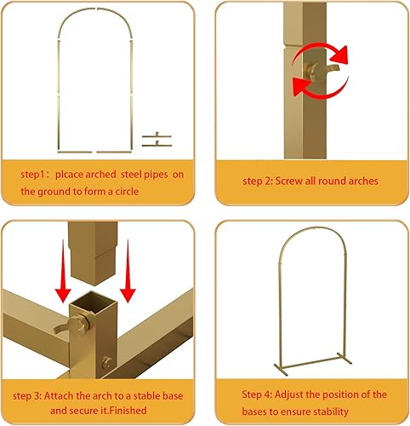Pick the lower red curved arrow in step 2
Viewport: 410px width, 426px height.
(x=311, y=86)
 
